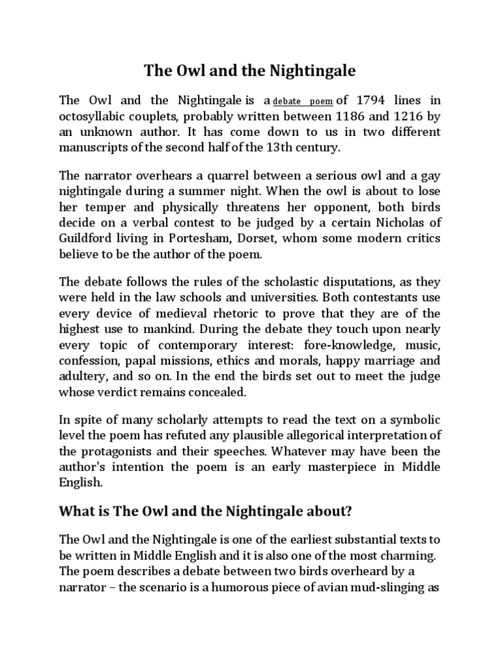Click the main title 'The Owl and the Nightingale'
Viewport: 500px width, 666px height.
pos(249,71)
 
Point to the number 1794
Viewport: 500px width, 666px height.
pos(368,101)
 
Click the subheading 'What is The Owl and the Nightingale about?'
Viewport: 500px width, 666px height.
pos(205,512)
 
